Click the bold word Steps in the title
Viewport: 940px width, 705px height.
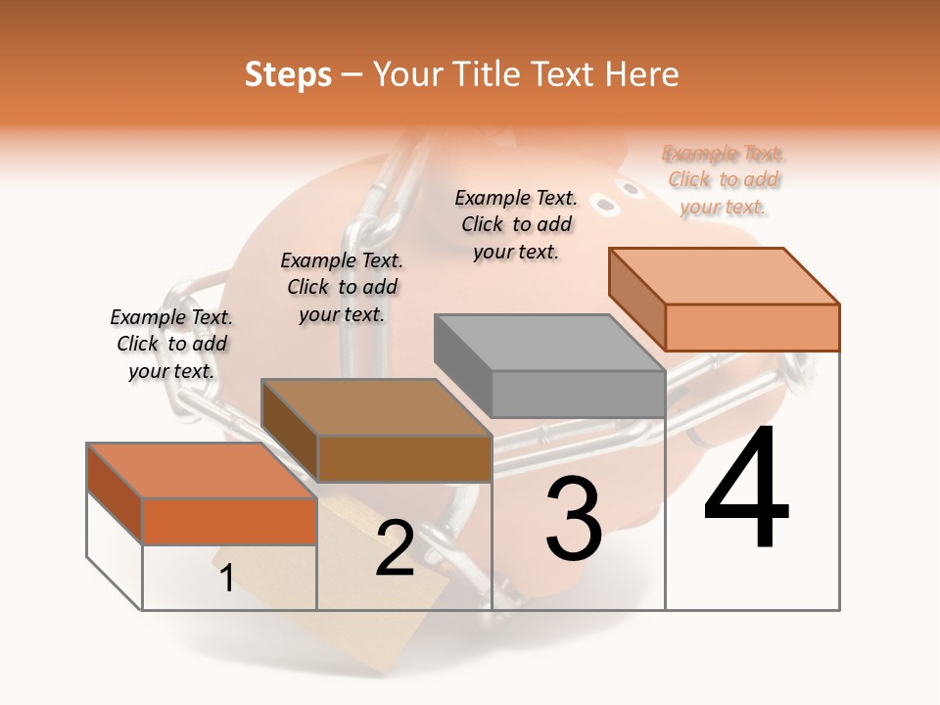(x=288, y=74)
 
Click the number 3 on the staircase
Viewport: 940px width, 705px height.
(x=573, y=519)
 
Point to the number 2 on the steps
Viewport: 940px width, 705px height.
(x=395, y=549)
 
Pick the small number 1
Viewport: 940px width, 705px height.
(x=226, y=579)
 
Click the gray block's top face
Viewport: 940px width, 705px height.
(x=548, y=343)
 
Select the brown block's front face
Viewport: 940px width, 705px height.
(x=404, y=458)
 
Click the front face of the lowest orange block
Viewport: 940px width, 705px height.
(x=229, y=521)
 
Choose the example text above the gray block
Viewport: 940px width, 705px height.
(x=516, y=224)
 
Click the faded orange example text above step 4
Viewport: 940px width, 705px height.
(x=724, y=180)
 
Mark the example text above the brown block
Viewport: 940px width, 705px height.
(x=342, y=287)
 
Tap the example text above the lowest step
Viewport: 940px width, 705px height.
(x=171, y=344)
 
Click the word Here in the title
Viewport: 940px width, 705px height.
(x=640, y=74)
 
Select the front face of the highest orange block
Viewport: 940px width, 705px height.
(x=751, y=327)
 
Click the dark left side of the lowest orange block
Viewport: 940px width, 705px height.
(x=114, y=493)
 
